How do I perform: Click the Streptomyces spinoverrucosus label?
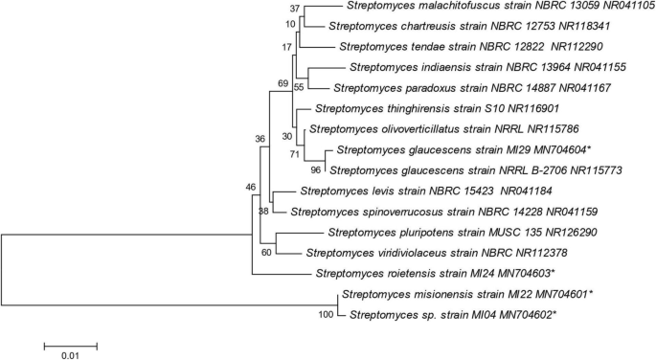coord(445,211)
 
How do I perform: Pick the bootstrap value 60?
coord(266,253)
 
